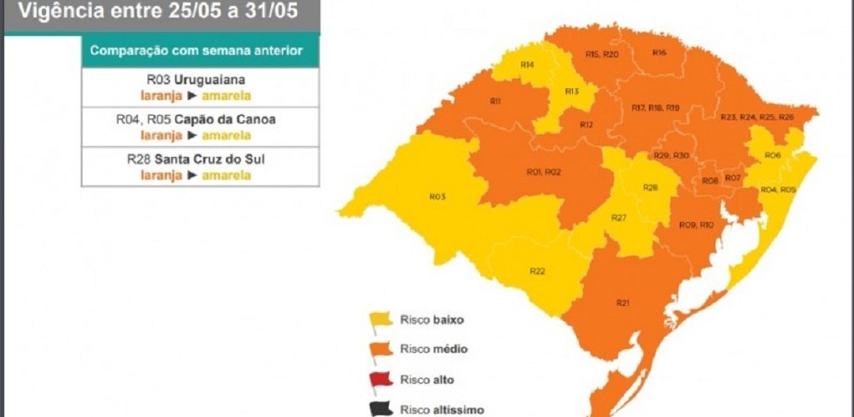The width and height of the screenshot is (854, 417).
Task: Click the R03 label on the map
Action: click(437, 197)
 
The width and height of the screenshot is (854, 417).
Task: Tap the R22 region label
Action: click(537, 271)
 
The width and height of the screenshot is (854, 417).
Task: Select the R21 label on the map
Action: click(622, 302)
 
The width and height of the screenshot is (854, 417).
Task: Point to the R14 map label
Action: click(527, 65)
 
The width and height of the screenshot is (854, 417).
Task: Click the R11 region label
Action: click(495, 101)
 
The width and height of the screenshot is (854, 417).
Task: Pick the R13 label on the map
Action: click(572, 91)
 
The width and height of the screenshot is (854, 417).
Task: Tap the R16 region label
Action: click(659, 53)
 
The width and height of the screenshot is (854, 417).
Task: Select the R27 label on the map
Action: click(618, 217)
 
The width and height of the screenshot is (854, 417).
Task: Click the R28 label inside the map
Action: click(650, 188)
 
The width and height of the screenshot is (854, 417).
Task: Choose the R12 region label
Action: click(586, 124)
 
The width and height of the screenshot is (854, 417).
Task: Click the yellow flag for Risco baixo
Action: click(381, 319)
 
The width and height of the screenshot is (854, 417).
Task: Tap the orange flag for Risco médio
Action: click(381, 349)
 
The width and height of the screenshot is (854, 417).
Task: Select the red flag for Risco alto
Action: click(381, 379)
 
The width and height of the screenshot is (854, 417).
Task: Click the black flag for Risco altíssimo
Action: click(381, 408)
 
